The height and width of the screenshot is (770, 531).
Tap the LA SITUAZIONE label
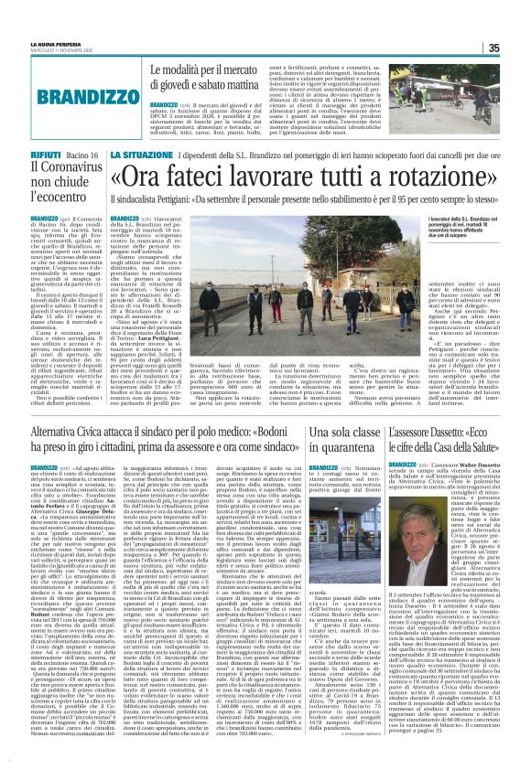[139, 156]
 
